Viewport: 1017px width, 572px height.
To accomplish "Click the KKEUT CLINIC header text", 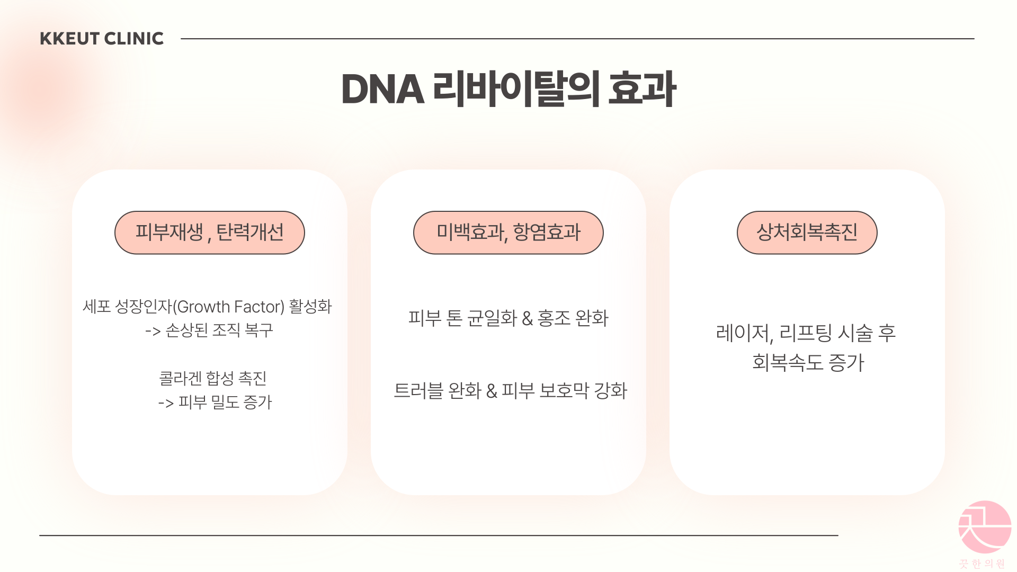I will point(102,39).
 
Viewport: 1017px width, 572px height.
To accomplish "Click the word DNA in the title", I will point(382,89).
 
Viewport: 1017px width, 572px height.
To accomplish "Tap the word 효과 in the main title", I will point(641,89).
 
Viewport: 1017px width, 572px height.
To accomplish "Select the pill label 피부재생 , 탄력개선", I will point(210,233).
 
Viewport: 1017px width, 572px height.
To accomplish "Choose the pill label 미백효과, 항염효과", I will point(508,233).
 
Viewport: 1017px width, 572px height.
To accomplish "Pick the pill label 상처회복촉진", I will point(807,233).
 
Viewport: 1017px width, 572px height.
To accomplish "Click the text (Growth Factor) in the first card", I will point(229,307).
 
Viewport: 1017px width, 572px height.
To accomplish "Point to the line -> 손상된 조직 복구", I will point(209,330).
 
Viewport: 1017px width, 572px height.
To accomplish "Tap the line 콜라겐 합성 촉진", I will point(213,378).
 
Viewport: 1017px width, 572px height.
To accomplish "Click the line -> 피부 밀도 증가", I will point(215,403).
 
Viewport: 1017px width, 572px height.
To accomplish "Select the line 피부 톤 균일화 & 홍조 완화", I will point(508,318).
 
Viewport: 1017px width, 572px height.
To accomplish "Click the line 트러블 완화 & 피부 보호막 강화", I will point(510,391).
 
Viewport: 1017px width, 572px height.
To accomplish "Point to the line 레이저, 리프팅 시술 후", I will point(806,333).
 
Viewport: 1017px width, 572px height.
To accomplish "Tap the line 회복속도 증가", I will point(808,362).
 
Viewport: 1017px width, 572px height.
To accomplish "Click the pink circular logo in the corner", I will point(984,527).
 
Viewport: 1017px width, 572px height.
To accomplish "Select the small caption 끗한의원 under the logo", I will point(982,564).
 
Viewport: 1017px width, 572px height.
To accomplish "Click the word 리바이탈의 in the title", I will point(516,89).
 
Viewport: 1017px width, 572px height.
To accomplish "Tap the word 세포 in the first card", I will point(96,307).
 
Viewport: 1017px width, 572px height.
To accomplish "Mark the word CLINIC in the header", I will point(134,39).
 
